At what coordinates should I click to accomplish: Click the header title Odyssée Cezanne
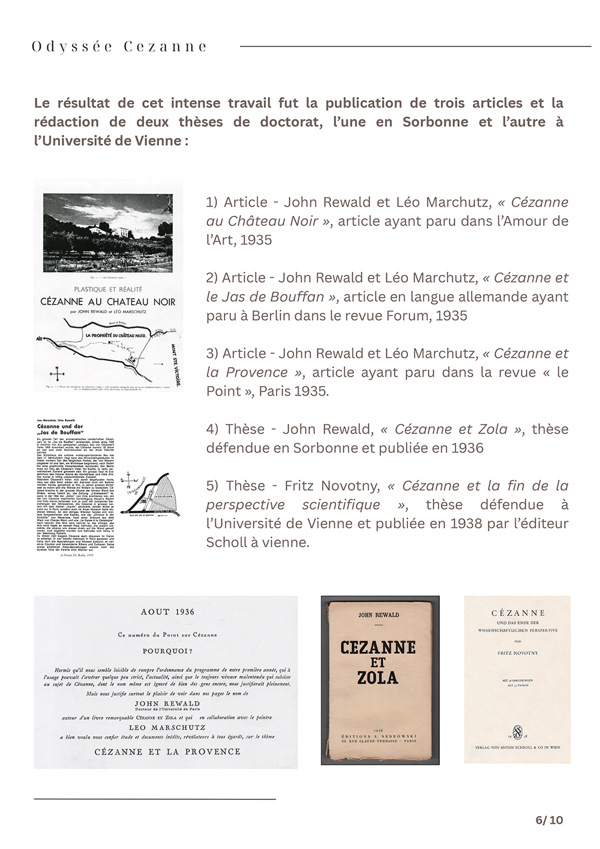click(119, 47)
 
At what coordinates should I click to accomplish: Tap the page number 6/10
click(549, 820)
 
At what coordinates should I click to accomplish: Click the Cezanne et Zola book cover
click(380, 680)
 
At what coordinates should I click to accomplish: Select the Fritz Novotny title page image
click(517, 679)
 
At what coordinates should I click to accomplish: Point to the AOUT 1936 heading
click(167, 612)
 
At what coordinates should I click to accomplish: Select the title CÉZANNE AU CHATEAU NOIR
click(108, 301)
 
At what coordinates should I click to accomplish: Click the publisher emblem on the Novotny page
click(517, 731)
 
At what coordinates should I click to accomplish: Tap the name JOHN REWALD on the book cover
click(379, 615)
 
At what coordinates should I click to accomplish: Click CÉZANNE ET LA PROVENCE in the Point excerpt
click(167, 751)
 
